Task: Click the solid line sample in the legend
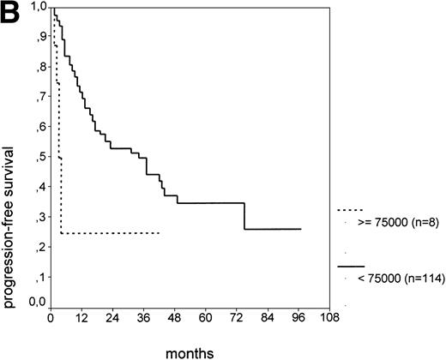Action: point(352,267)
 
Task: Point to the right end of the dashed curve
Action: point(160,232)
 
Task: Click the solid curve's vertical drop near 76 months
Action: point(245,216)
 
